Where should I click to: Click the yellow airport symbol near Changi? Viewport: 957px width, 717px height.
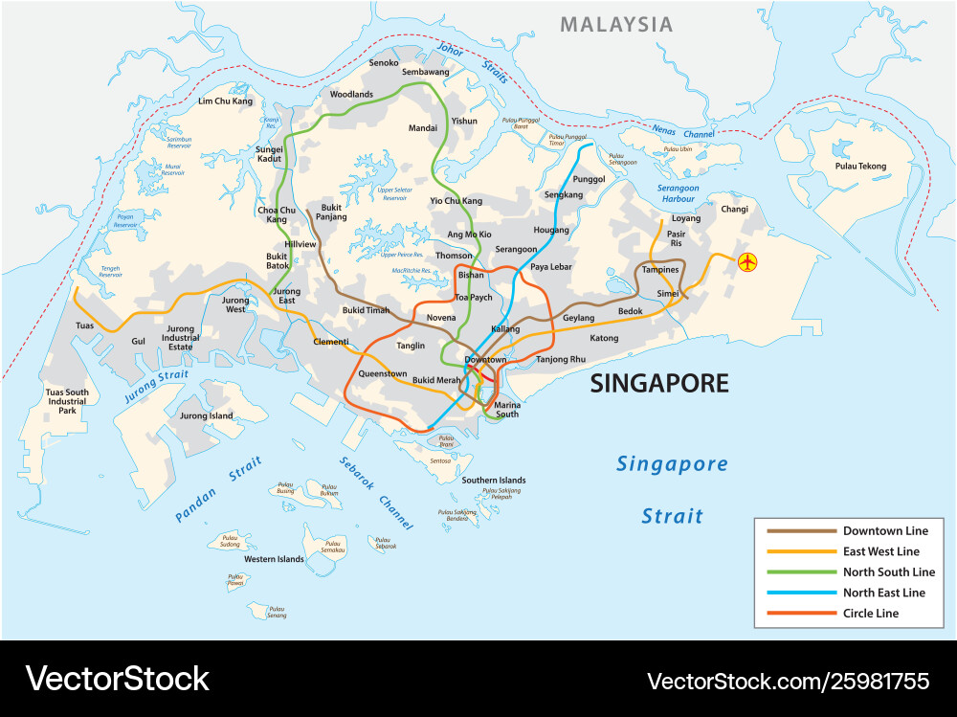(x=747, y=260)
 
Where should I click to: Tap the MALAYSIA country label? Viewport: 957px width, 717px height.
(x=616, y=25)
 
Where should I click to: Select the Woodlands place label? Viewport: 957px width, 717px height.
(x=351, y=95)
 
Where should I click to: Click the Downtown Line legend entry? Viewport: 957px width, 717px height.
(x=885, y=530)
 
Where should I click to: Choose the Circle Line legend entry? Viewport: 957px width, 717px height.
(x=870, y=613)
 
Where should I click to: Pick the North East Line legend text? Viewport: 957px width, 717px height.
(x=883, y=593)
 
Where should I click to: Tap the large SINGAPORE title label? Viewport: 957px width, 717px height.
(x=659, y=384)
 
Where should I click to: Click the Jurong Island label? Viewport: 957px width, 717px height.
(x=207, y=416)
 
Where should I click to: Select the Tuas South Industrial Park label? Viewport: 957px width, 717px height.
(x=67, y=401)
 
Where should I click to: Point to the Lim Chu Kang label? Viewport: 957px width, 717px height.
(x=225, y=101)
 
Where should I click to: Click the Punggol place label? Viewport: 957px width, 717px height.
(x=589, y=179)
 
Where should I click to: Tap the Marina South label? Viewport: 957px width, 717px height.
(x=506, y=410)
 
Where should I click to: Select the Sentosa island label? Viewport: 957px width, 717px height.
(x=440, y=460)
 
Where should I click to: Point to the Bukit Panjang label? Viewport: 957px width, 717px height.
(x=331, y=212)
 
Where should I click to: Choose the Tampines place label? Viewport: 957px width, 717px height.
(x=660, y=270)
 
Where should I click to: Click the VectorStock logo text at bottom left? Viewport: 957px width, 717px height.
(x=117, y=679)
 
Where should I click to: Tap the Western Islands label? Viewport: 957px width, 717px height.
(x=274, y=559)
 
